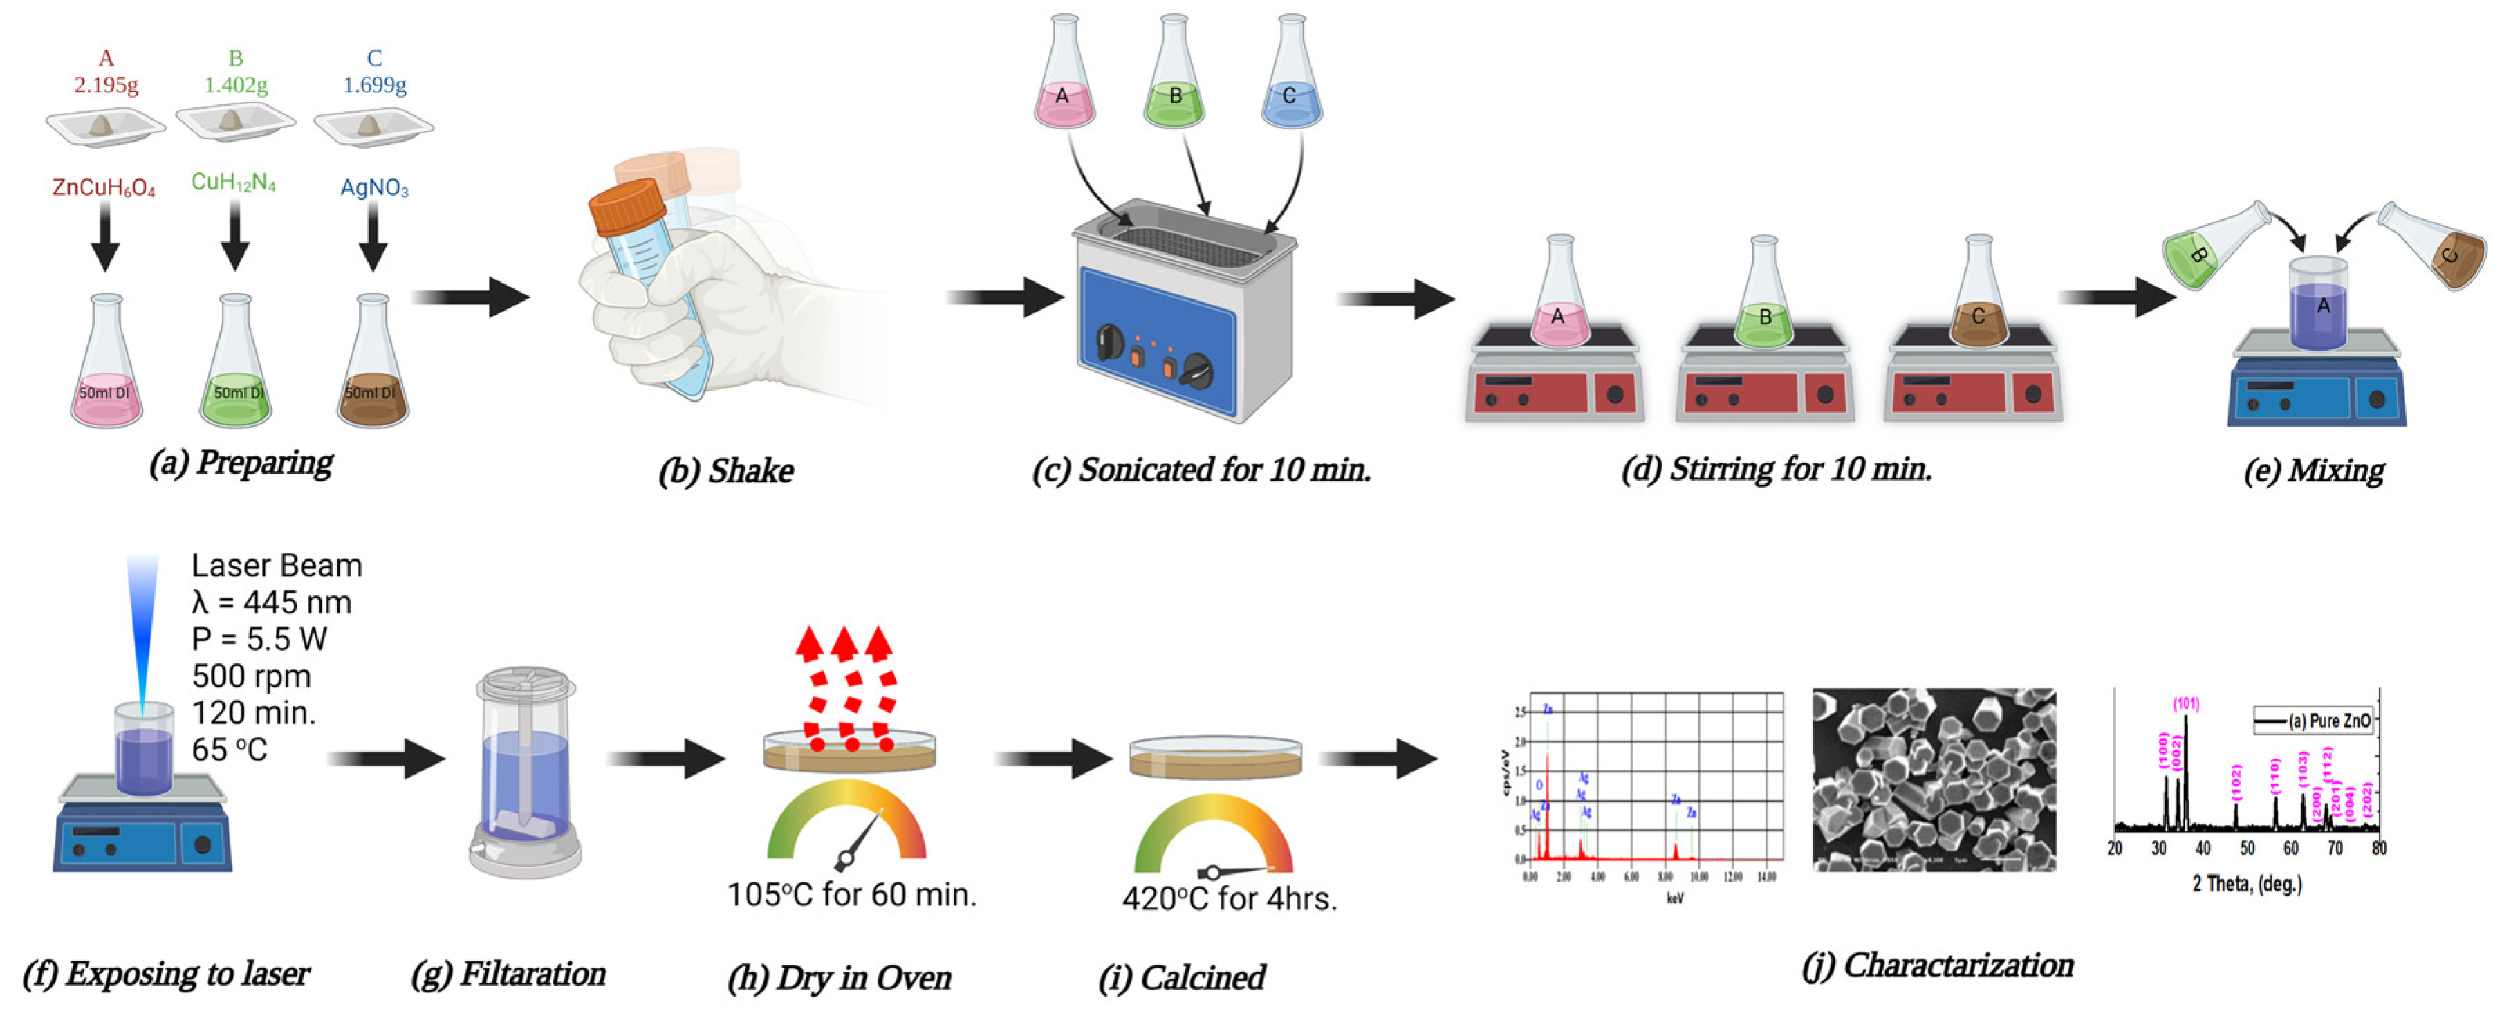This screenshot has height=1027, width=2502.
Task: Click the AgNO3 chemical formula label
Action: (x=374, y=187)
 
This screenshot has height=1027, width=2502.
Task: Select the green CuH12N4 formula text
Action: (x=233, y=182)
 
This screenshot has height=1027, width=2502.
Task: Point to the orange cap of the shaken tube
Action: (x=627, y=206)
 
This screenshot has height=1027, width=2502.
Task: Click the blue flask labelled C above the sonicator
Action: (x=1291, y=82)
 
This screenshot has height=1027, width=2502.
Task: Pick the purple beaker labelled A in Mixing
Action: (x=2319, y=306)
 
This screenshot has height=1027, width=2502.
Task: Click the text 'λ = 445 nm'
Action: (x=271, y=602)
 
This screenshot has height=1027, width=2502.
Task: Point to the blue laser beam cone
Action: (x=142, y=631)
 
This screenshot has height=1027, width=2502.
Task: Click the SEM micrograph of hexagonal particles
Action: (x=1933, y=779)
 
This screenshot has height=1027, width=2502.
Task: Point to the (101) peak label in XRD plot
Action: (x=2187, y=703)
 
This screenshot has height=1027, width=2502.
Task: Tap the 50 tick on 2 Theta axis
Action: (x=2247, y=848)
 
